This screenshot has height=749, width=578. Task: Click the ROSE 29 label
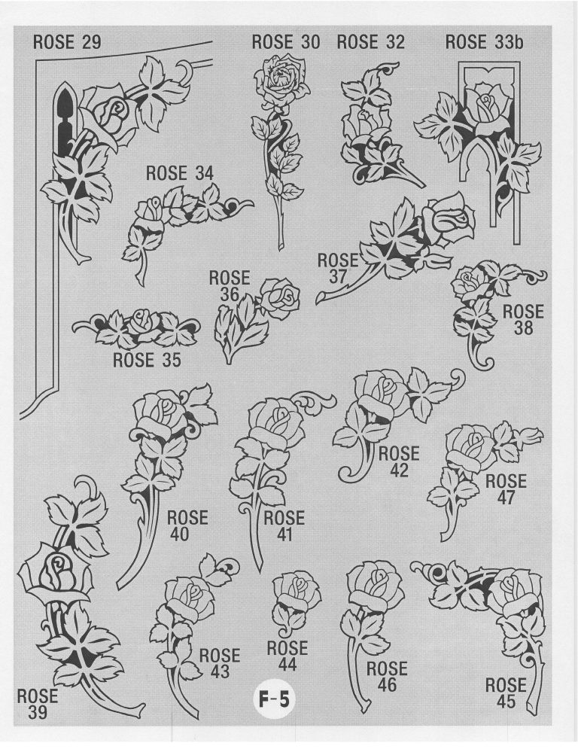point(67,42)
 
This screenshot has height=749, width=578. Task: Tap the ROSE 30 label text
point(286,42)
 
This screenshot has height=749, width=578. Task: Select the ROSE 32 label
point(371,41)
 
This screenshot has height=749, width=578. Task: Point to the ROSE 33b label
point(485,42)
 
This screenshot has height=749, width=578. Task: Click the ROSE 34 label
point(180,173)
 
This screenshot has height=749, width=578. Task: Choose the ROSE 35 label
point(147,360)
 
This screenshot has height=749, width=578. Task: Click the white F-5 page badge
point(274,700)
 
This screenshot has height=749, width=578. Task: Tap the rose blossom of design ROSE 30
point(281,81)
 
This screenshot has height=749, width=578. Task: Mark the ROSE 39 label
point(38,704)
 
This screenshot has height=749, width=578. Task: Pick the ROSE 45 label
point(506,693)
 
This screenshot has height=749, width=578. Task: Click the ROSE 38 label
point(523,320)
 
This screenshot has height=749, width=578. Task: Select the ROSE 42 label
point(399,461)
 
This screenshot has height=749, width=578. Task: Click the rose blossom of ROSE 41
point(276,424)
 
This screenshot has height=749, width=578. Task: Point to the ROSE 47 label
point(506,489)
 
